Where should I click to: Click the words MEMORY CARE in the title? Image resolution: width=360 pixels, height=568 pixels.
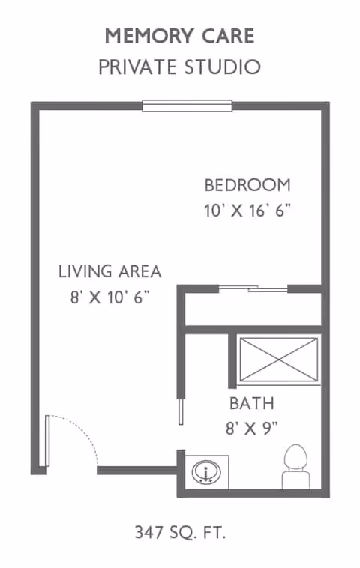pos(179,36)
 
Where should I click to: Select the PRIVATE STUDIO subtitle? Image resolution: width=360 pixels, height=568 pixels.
pos(179,67)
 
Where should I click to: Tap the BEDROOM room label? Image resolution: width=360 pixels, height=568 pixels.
pos(247,185)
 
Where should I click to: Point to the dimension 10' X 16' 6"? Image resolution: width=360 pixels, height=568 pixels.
pos(247,211)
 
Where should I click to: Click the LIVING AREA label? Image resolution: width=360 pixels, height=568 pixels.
pos(110,271)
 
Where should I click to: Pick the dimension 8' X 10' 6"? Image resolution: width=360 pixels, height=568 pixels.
pos(109,296)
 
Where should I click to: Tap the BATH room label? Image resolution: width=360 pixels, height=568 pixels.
pos(251,404)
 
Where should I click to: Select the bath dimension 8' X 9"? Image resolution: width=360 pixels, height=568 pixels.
pos(251,429)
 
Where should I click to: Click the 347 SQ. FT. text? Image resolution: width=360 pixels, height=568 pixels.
pos(180,533)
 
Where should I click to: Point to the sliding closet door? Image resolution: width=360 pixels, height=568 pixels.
pos(253,288)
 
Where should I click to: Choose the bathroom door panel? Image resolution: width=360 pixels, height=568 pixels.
pos(180,411)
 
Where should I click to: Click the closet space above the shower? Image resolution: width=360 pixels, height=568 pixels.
pos(253,308)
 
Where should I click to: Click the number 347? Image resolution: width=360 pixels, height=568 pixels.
pos(148,533)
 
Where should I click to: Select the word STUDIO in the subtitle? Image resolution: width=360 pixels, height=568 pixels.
pos(222,67)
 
